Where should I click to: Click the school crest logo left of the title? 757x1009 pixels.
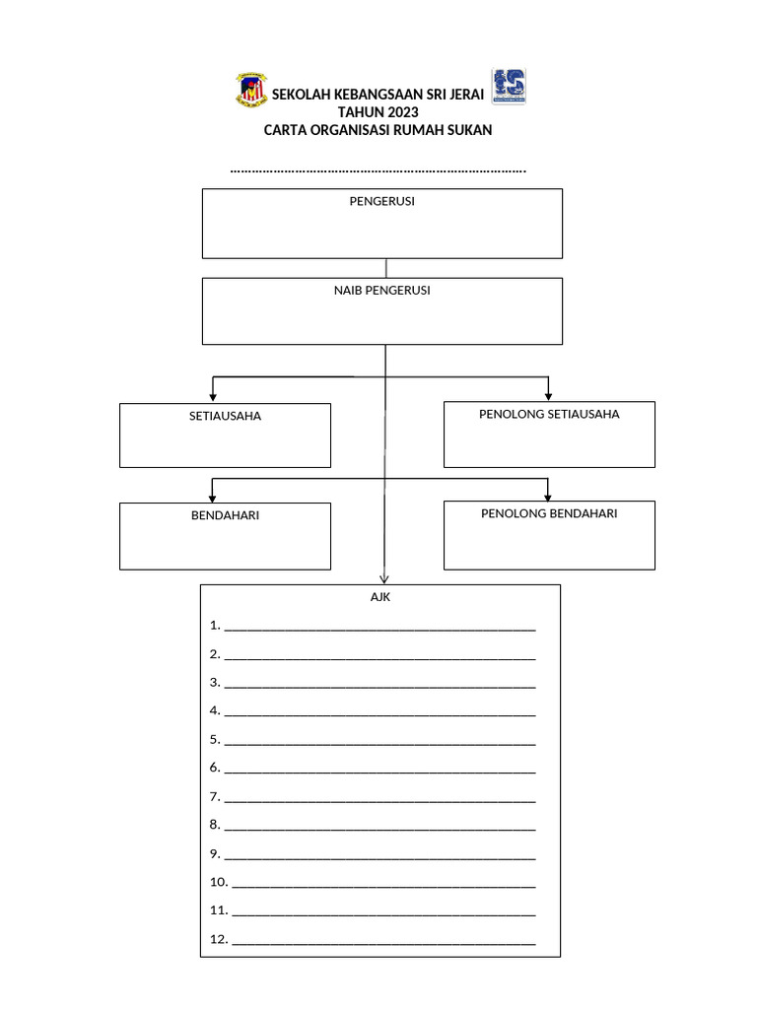[x=250, y=90]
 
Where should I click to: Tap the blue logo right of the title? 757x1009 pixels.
[x=509, y=87]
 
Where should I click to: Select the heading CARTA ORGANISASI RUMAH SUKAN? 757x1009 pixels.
[x=378, y=130]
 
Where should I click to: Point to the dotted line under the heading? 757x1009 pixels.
[x=378, y=170]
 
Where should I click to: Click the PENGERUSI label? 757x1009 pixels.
[x=382, y=201]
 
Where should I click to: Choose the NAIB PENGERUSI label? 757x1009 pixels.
[x=382, y=291]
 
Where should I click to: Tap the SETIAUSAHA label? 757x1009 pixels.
[x=225, y=416]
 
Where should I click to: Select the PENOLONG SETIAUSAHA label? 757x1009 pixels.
[x=549, y=414]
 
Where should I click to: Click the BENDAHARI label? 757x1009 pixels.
[x=225, y=515]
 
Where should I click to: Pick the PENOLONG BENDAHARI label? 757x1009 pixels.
[x=549, y=513]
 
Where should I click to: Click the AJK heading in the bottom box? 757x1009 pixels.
[x=380, y=597]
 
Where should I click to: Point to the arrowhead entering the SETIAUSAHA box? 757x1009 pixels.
[x=213, y=396]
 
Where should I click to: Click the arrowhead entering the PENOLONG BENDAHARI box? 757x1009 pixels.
[x=548, y=495]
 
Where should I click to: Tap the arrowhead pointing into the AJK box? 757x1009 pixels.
[x=384, y=579]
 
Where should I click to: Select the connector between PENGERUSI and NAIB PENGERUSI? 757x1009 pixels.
[x=385, y=268]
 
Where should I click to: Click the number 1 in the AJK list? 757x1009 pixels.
[x=213, y=626]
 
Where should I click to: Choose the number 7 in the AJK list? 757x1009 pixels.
[x=213, y=796]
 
